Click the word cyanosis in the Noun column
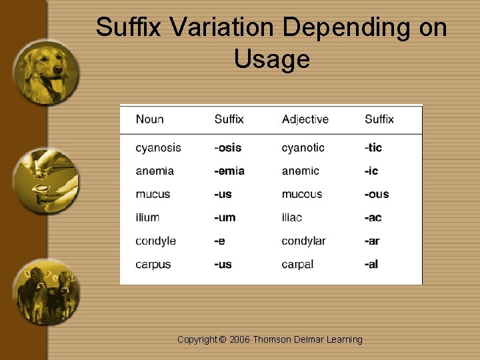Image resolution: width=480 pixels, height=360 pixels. (158, 147)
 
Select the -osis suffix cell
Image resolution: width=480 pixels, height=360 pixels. (228, 147)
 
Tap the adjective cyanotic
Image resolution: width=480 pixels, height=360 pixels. (303, 147)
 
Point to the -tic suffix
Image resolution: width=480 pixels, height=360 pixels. (373, 147)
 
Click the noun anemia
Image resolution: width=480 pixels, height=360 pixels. (155, 171)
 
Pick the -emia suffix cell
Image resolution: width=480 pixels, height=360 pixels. (229, 171)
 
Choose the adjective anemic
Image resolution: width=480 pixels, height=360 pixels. (301, 171)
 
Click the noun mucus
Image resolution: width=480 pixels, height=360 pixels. (153, 194)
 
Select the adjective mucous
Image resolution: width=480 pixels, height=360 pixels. (302, 194)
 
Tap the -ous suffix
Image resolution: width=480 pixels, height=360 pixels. (377, 194)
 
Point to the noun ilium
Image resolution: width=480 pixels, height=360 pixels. (147, 217)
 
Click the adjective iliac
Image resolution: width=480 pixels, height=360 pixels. (292, 217)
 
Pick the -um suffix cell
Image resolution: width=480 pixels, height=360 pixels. (225, 217)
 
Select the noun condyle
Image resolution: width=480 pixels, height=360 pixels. (156, 241)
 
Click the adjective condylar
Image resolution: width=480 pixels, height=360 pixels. (304, 241)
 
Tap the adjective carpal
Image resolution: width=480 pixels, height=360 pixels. (297, 264)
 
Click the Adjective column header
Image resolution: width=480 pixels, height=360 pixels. (305, 119)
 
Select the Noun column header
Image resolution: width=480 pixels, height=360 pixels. (149, 119)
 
